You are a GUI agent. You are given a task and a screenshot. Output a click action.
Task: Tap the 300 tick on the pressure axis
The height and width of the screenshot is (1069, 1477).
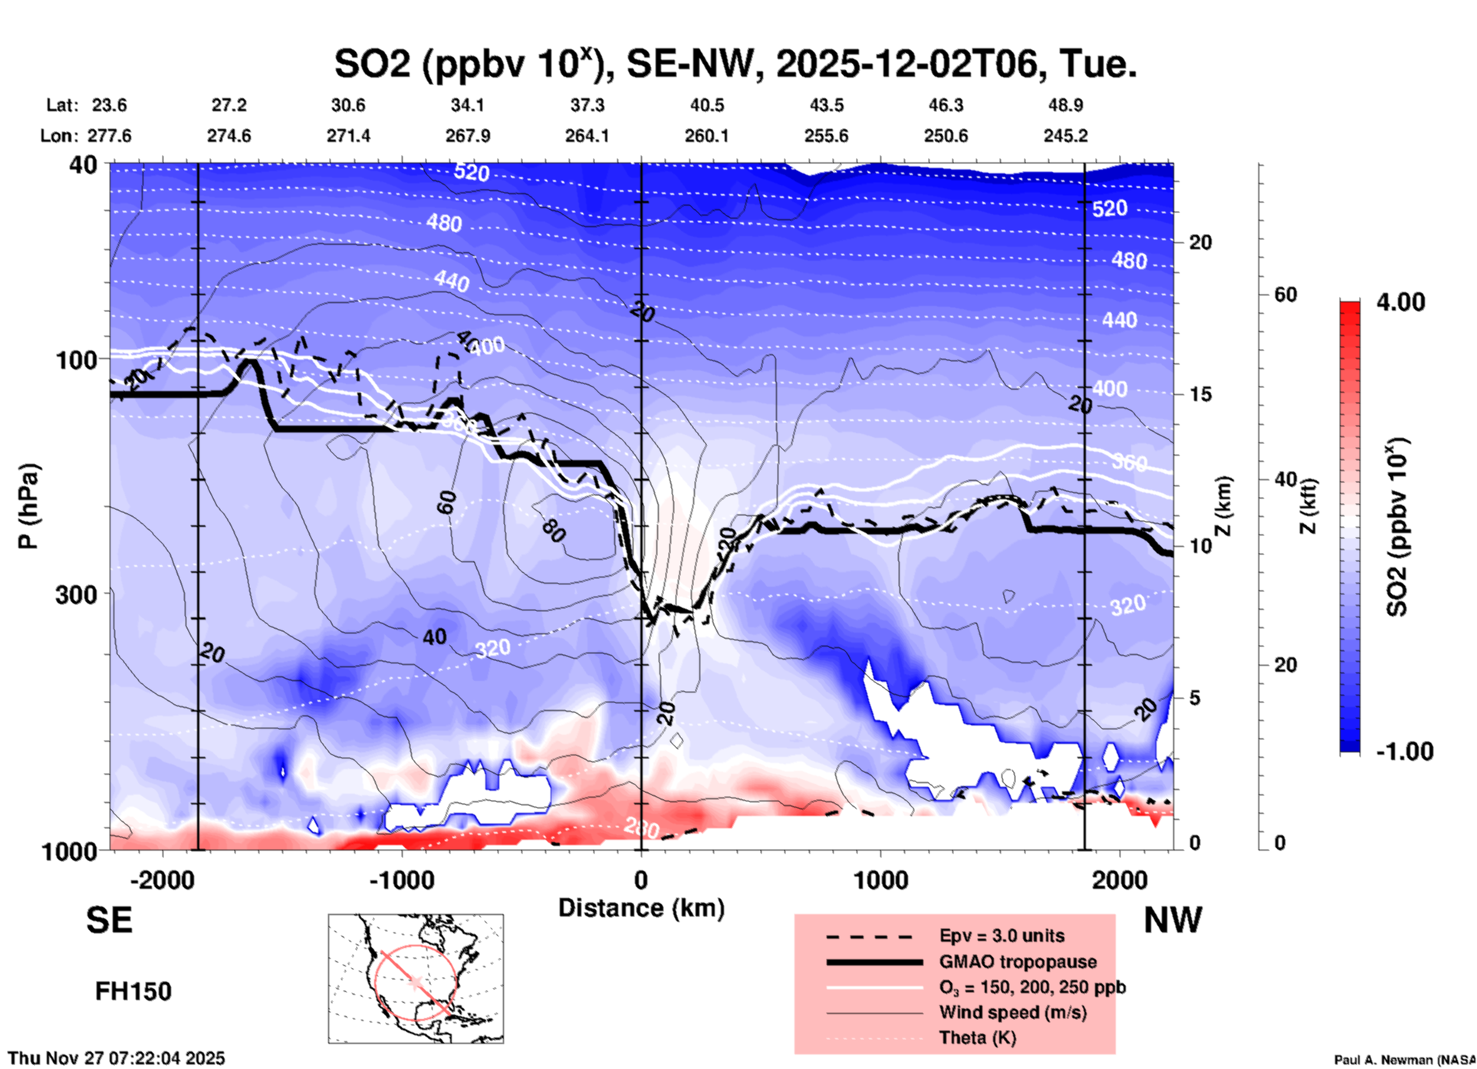click(77, 594)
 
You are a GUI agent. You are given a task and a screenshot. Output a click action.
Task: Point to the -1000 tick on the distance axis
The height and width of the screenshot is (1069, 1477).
click(402, 880)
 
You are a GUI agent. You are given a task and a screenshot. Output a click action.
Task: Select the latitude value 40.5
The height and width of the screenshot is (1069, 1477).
click(706, 105)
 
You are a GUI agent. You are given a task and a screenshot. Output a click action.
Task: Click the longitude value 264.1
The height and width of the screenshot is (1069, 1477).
click(587, 136)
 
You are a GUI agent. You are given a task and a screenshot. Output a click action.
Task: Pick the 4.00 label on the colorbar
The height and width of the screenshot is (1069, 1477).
click(1400, 301)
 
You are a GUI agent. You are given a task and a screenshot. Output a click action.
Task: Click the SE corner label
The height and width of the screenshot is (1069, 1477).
click(109, 920)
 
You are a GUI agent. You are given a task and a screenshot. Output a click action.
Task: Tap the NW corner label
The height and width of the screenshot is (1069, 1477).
click(1173, 920)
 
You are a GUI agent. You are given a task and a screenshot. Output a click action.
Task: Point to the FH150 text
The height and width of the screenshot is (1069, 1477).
click(133, 992)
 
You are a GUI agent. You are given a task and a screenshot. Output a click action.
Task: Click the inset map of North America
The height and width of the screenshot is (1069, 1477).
click(416, 978)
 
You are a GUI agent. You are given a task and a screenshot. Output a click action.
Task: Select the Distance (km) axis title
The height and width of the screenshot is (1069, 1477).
click(641, 908)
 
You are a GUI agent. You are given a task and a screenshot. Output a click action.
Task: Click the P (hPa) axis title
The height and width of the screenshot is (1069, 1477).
click(28, 505)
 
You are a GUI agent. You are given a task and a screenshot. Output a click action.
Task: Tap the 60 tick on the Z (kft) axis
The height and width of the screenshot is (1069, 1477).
click(1285, 294)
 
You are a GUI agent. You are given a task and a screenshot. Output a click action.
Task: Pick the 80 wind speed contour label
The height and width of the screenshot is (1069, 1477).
click(553, 530)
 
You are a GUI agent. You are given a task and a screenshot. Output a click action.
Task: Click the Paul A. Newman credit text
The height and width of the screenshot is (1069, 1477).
click(1404, 1060)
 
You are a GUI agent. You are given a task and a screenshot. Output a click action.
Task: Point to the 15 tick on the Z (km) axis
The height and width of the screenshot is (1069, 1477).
click(1200, 394)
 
